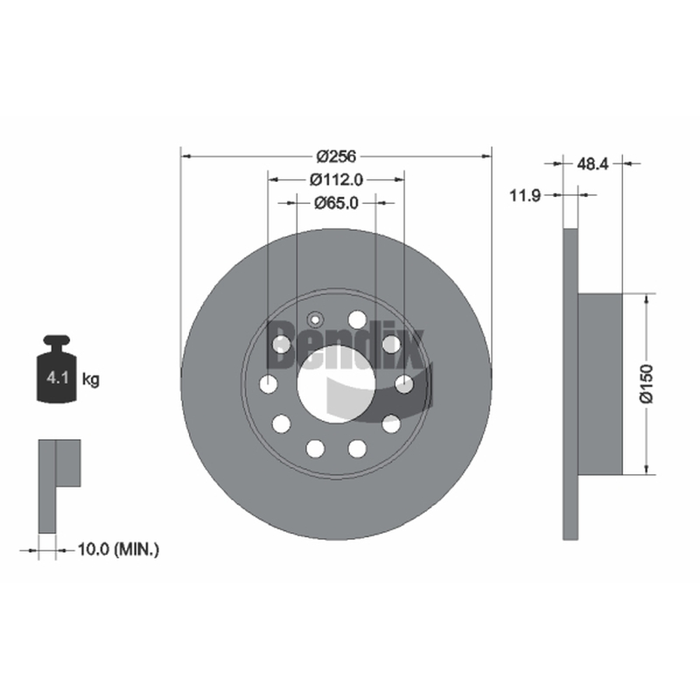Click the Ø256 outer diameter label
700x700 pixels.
click(336, 157)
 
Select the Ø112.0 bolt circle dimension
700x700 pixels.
click(336, 180)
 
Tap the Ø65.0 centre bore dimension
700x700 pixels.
click(336, 203)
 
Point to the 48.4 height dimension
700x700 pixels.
click(592, 164)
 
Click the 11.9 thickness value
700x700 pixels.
click(525, 195)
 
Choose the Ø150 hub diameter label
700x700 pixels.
click(647, 383)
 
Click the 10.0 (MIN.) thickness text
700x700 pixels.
click(118, 549)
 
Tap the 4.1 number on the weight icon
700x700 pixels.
click(58, 378)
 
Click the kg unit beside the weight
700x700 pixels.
click(91, 380)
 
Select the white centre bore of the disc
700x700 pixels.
click(336, 384)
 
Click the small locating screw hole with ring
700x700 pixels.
click(315, 319)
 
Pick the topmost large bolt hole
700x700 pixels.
click(357, 319)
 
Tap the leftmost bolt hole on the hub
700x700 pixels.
click(269, 384)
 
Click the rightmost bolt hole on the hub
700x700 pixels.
click(404, 384)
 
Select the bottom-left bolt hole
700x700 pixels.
click(315, 448)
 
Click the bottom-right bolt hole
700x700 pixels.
click(357, 448)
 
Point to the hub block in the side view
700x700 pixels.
click(600, 384)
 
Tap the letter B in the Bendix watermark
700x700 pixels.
click(282, 344)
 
